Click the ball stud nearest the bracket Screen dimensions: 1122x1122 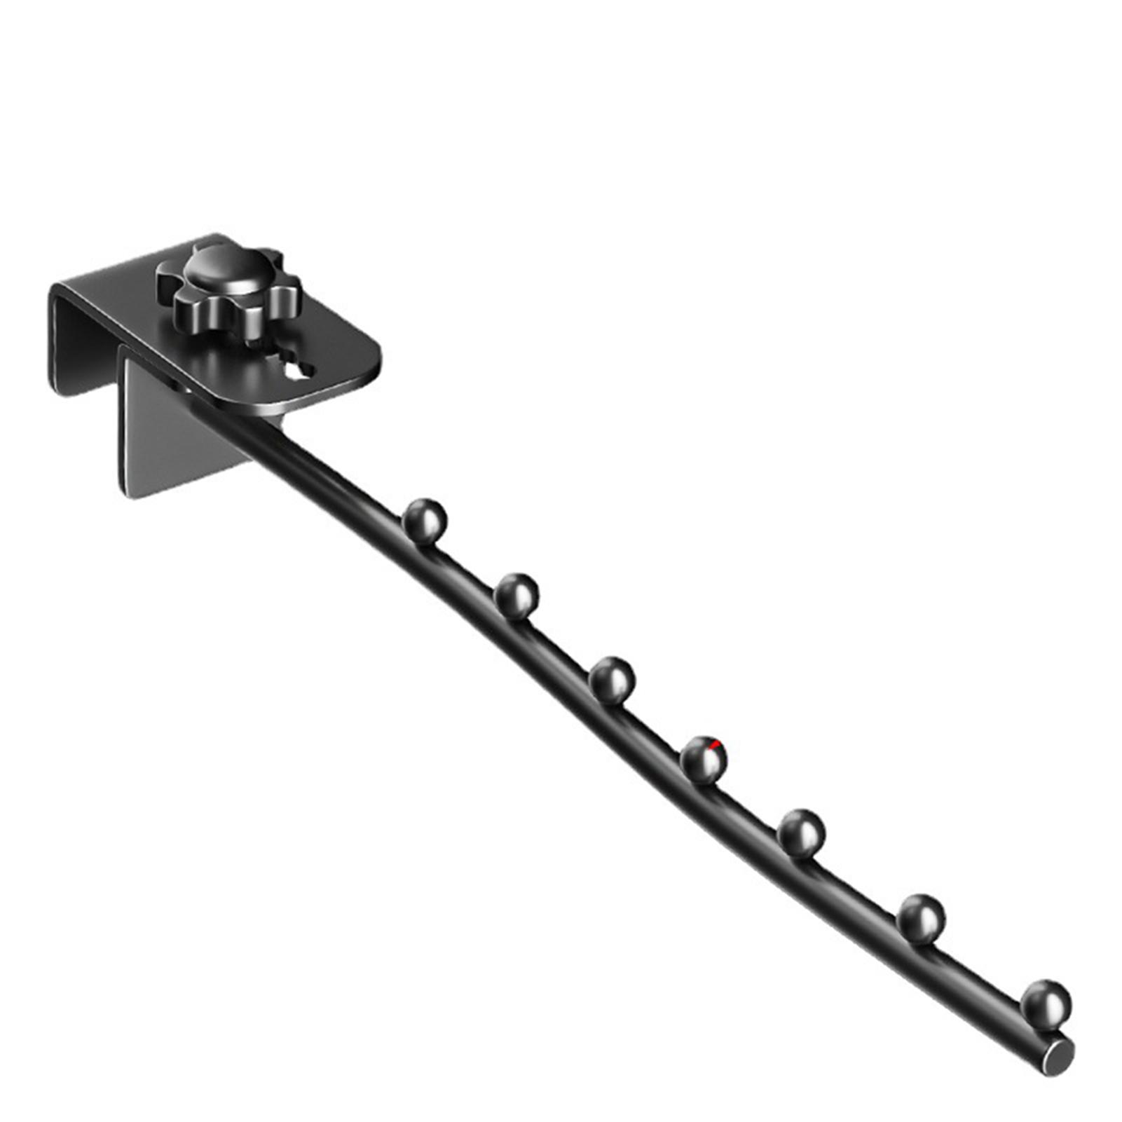(x=425, y=519)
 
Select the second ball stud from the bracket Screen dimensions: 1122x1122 (x=516, y=595)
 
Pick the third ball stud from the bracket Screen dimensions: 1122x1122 (x=612, y=678)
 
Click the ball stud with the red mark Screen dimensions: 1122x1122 (x=704, y=758)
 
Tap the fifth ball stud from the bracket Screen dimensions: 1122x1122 (x=801, y=831)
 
